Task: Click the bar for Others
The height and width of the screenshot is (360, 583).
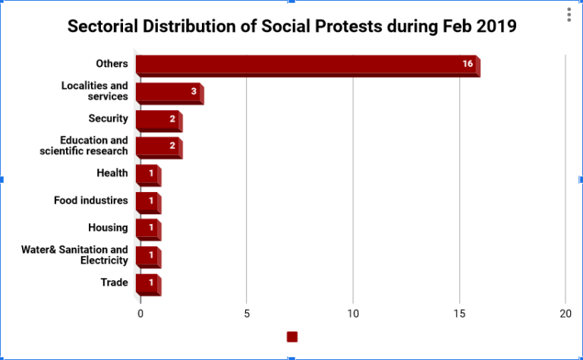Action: pos(307,65)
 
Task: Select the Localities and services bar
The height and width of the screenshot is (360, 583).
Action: pos(169,93)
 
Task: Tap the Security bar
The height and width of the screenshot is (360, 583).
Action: pos(158,120)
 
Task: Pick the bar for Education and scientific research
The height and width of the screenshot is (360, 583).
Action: pos(158,147)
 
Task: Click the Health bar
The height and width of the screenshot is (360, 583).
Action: pos(147,175)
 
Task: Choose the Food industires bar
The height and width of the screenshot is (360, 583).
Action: pos(147,202)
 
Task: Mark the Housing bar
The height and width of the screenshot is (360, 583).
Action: pos(147,229)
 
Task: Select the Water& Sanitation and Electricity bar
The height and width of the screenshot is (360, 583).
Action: pos(147,256)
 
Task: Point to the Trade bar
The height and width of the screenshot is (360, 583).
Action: pos(147,283)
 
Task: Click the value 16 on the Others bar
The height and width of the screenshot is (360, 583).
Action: pos(468,64)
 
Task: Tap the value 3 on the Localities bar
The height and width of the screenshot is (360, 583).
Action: pos(194,91)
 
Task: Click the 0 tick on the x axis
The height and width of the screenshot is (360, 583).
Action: pos(140,313)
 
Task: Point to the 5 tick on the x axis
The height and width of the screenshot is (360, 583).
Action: pos(247,313)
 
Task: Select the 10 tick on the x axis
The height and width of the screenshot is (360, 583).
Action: pos(353,313)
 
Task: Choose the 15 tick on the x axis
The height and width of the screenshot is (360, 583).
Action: pos(459,313)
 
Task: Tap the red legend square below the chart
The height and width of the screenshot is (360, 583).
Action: pos(292,336)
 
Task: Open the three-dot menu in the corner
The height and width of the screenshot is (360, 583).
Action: pos(569,15)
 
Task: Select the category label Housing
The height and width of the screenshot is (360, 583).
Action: pos(109,227)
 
